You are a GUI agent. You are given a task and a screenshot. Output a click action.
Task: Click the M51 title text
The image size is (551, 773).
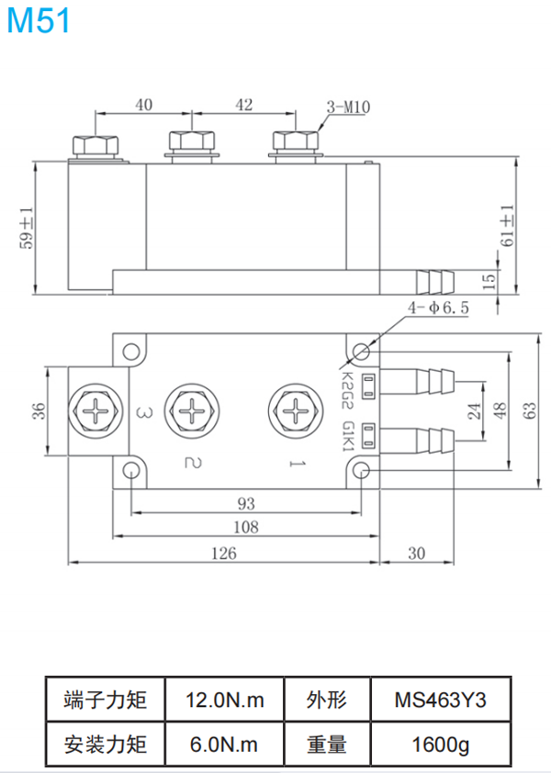39,20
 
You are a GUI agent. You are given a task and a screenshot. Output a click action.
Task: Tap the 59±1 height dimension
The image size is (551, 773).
28,228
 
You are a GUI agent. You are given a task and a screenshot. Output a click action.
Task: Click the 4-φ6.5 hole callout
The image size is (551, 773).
439,309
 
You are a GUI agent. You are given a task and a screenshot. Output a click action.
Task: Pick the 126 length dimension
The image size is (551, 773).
224,553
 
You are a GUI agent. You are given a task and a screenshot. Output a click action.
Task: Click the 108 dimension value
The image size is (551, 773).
246,527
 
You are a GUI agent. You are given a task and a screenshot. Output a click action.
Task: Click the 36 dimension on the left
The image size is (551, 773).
38,410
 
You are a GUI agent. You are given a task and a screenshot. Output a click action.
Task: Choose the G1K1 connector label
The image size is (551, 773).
347,437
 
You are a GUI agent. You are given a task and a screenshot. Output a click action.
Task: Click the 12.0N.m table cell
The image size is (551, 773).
224,700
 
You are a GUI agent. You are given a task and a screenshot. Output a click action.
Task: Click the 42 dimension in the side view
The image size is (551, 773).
244,105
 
